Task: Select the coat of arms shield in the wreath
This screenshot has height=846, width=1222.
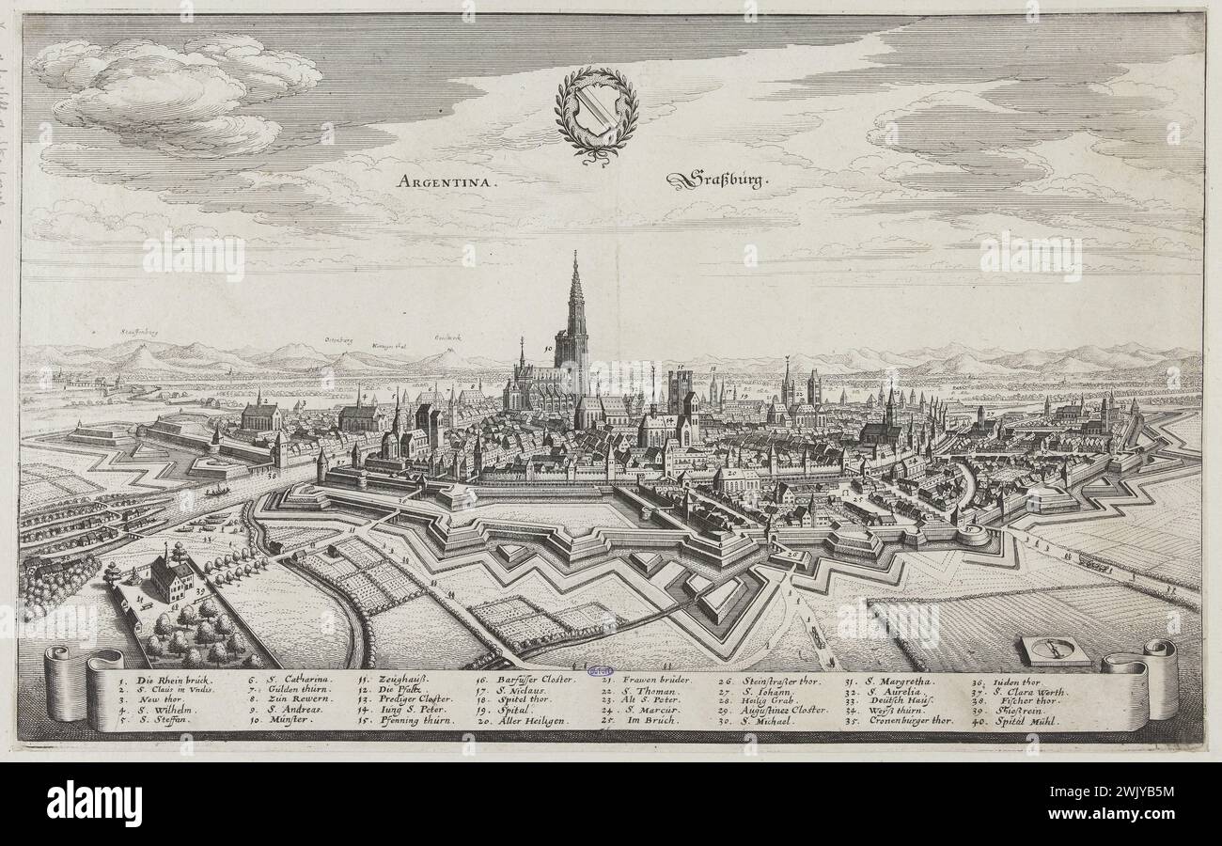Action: (597, 109)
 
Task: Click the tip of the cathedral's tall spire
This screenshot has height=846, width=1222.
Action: (573, 252)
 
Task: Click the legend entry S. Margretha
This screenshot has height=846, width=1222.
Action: (888, 679)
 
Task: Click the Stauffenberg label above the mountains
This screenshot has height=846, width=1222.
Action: (139, 332)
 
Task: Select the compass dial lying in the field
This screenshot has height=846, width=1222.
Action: (1056, 649)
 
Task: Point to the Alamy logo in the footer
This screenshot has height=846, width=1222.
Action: (94, 805)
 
